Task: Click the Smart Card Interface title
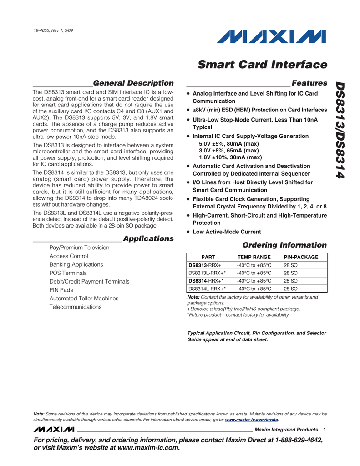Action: pos(263,65)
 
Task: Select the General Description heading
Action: pos(133,83)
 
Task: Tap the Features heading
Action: pos(309,83)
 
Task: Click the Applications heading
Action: pos(148,238)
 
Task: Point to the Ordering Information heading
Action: pos(284,245)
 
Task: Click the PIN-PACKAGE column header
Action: pos(301,257)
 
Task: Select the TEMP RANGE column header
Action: pos(254,257)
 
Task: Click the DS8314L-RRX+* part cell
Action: pos(207,289)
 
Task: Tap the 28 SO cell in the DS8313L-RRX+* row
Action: pos(290,273)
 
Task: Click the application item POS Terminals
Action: pos(68,273)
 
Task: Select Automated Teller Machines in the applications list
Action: pos(84,299)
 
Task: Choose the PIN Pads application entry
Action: pos(61,290)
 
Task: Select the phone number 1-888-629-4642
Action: pos(295,440)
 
